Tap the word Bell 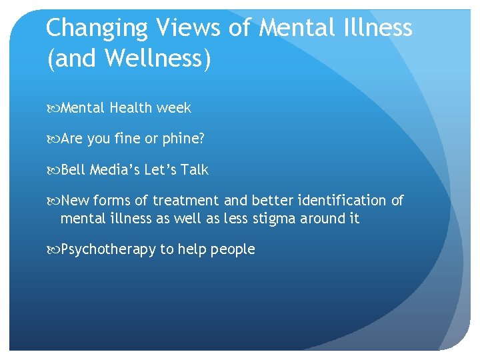pyautogui.click(x=74, y=170)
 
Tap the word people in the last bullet pyautogui.click(x=233, y=250)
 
